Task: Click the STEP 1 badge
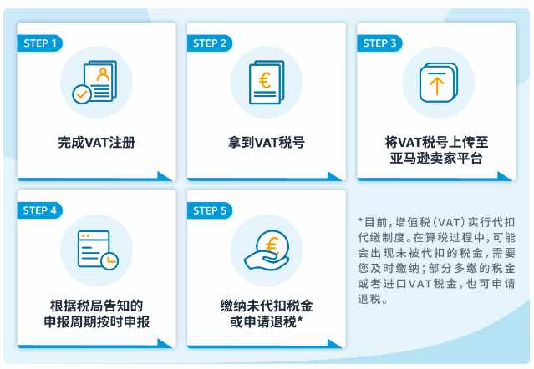click(x=39, y=43)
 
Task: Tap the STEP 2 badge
click(x=210, y=43)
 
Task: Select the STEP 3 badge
click(x=379, y=43)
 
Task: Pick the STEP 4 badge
click(x=39, y=210)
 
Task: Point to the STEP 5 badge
click(x=210, y=210)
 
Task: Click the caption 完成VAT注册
click(x=96, y=143)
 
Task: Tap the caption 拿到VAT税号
click(x=267, y=143)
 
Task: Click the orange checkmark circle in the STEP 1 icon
click(x=82, y=94)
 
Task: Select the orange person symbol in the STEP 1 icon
click(x=103, y=74)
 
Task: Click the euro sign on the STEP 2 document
click(x=265, y=81)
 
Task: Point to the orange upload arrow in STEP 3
click(x=437, y=85)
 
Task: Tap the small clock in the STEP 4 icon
click(x=109, y=261)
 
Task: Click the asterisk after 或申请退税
click(x=300, y=320)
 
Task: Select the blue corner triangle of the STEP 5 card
click(x=334, y=343)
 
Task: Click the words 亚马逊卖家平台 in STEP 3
click(x=436, y=159)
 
